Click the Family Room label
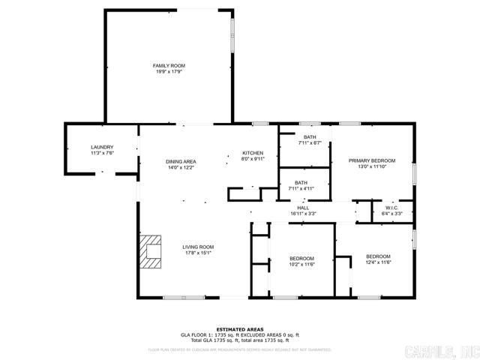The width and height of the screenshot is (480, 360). pos(169,66)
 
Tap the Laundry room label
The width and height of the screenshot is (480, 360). pos(101,147)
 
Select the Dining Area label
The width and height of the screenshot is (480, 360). pos(181,161)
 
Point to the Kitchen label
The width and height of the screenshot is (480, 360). pos(252,153)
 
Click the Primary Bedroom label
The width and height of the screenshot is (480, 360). pos(371,160)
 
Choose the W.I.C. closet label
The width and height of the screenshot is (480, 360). pos(392,208)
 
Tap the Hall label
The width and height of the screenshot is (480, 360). pos(303,208)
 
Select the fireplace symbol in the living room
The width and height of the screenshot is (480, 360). pos(151,251)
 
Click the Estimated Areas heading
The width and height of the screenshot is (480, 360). pos(239,329)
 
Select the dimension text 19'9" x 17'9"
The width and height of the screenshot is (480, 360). pos(169,72)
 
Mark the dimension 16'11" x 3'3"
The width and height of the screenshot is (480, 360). pos(303,214)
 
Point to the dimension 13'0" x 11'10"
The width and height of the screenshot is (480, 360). pos(371,166)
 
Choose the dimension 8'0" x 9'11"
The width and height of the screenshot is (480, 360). pos(252,159)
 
